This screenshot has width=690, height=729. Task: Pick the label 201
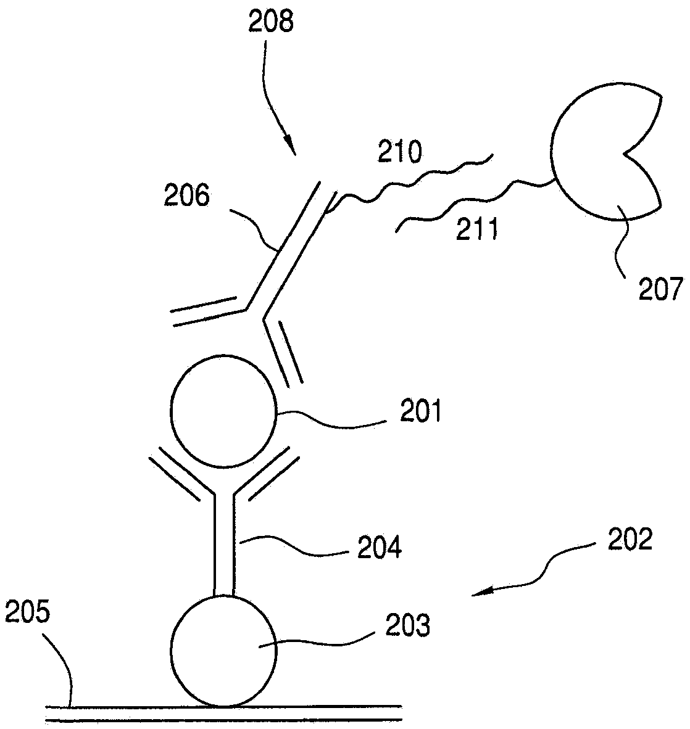[420, 411]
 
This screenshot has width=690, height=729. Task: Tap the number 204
[379, 546]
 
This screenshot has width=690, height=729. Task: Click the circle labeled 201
[224, 410]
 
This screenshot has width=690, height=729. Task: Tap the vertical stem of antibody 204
[224, 543]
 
